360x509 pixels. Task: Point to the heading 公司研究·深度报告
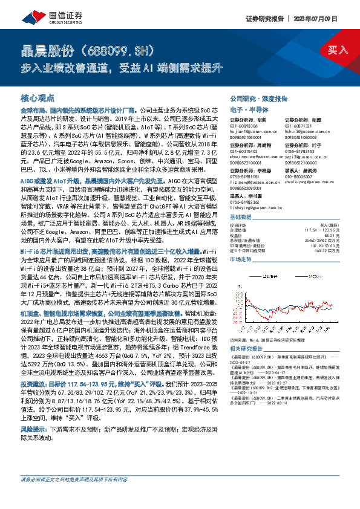(259, 98)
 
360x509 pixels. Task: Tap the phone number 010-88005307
(301, 177)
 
